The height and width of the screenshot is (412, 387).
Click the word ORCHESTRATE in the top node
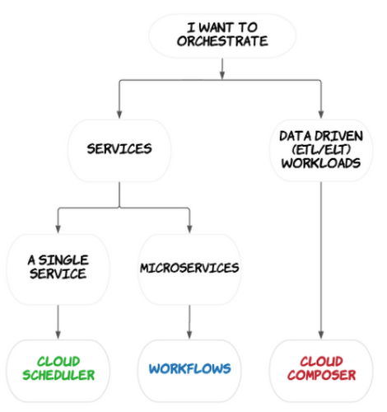pyautogui.click(x=222, y=41)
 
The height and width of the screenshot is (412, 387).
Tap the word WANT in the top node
pyautogui.click(x=217, y=27)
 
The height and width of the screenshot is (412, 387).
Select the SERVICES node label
pyautogui.click(x=119, y=149)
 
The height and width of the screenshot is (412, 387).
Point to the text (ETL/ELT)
pyautogui.click(x=321, y=150)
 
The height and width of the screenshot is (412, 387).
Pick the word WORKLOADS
pyautogui.click(x=321, y=163)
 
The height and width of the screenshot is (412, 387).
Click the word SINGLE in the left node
pyautogui.click(x=63, y=260)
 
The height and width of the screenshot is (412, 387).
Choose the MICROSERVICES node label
pyautogui.click(x=189, y=268)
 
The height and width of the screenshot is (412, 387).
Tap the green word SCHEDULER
pyautogui.click(x=58, y=375)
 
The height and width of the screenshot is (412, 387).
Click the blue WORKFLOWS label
pyautogui.click(x=190, y=368)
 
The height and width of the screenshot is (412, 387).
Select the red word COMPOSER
pyautogui.click(x=322, y=375)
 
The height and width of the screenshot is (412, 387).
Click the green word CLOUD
pyautogui.click(x=58, y=362)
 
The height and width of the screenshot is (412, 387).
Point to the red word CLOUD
pyautogui.click(x=322, y=362)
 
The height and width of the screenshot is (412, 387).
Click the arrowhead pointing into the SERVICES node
pyautogui.click(x=119, y=115)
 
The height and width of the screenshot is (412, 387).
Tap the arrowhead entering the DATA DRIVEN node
pyautogui.click(x=321, y=115)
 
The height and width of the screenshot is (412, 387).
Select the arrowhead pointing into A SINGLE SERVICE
pyautogui.click(x=58, y=229)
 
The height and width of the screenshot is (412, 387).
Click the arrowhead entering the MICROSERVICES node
pyautogui.click(x=189, y=229)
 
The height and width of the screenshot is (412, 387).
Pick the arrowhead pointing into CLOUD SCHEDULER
pyautogui.click(x=58, y=335)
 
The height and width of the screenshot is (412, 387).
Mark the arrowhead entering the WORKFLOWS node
pyautogui.click(x=189, y=335)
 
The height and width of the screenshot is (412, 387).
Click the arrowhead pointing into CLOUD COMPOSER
pyautogui.click(x=321, y=335)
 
